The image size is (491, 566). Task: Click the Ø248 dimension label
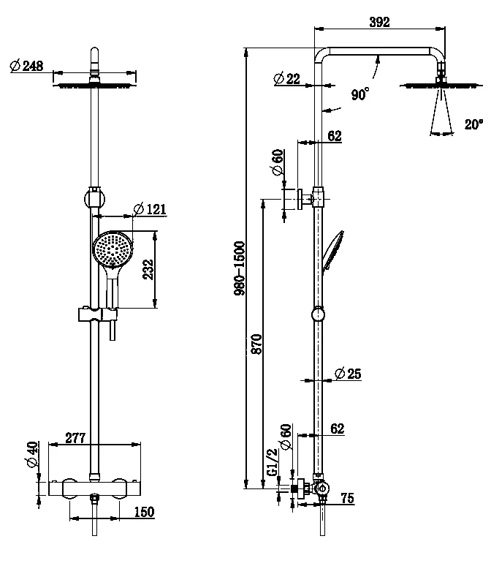pos(27,66)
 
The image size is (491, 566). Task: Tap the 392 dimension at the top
pos(379,22)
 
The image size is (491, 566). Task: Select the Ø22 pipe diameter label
pos(287,78)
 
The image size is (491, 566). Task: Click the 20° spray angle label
pos(473,124)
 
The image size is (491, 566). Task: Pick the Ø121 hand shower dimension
pos(151,210)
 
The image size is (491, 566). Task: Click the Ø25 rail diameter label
pos(349,374)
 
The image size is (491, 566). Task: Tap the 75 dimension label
pos(347,499)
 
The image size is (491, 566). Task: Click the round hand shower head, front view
pos(113,249)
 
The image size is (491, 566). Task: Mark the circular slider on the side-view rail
pos(319,315)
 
